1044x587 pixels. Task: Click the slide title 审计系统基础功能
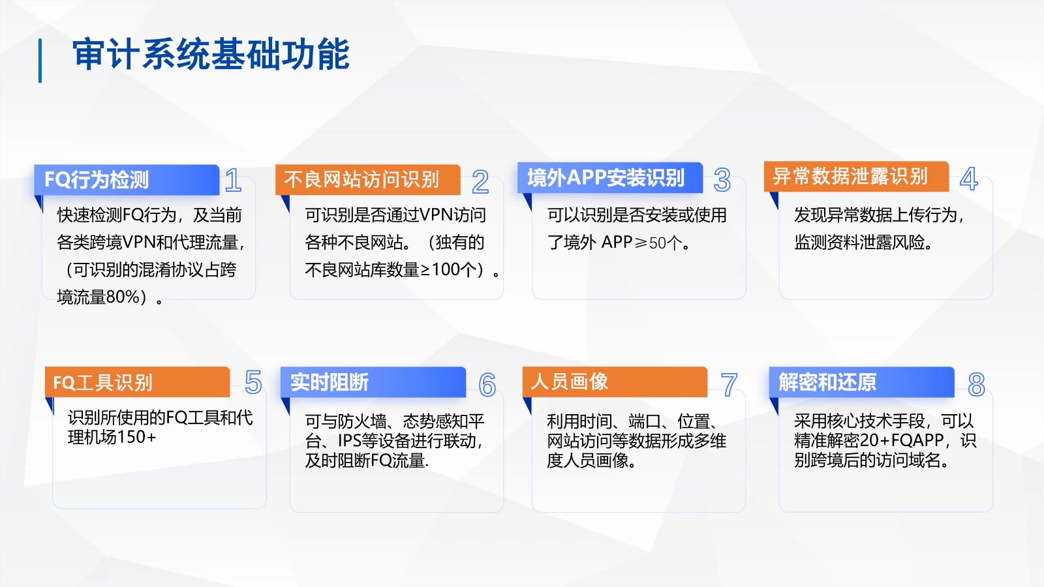pyautogui.click(x=211, y=55)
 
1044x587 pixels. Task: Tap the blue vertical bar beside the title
pyautogui.click(x=40, y=61)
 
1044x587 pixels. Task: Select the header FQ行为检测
pyautogui.click(x=97, y=180)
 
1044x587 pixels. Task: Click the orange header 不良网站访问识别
pyautogui.click(x=361, y=179)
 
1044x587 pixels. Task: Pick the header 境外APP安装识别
pyautogui.click(x=606, y=177)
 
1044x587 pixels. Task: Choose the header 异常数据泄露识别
pyautogui.click(x=850, y=176)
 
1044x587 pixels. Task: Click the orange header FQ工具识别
pyautogui.click(x=102, y=382)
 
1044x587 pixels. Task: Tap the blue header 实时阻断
pyautogui.click(x=329, y=382)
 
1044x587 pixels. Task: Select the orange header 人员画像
pyautogui.click(x=569, y=381)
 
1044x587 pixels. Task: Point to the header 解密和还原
pyautogui.click(x=827, y=382)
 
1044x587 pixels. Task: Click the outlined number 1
pyautogui.click(x=233, y=180)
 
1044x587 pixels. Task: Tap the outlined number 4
pyautogui.click(x=968, y=179)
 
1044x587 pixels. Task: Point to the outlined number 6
pyautogui.click(x=487, y=385)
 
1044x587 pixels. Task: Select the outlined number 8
pyautogui.click(x=976, y=384)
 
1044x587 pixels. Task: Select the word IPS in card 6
pyautogui.click(x=350, y=441)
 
